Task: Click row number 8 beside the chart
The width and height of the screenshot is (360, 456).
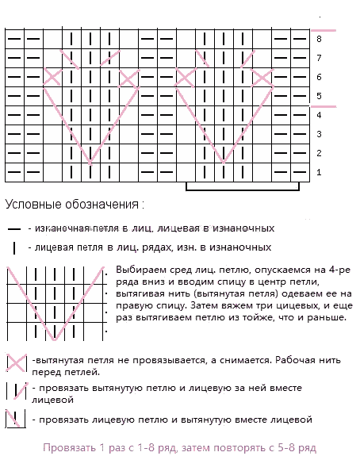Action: pyautogui.click(x=319, y=38)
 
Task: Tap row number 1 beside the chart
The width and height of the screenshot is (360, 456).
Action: pyautogui.click(x=319, y=172)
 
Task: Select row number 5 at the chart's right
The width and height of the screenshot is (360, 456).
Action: pyautogui.click(x=319, y=96)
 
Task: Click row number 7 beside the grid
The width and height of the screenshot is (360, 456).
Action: pyautogui.click(x=319, y=58)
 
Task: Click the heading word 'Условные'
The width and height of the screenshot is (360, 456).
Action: pyautogui.click(x=29, y=204)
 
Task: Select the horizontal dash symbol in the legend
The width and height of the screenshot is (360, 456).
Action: pyautogui.click(x=14, y=228)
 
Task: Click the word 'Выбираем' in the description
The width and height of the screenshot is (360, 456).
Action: pyautogui.click(x=140, y=270)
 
